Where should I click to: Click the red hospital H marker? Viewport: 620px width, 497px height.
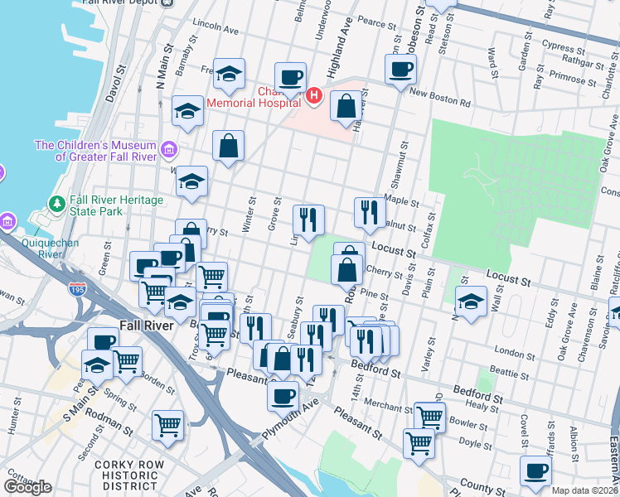314,97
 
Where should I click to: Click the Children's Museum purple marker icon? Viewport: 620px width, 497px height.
169,151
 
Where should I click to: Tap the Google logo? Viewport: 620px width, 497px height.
27,486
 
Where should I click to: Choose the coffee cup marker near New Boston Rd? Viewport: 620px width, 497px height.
400,70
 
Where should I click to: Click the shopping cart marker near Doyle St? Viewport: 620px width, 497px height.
419,443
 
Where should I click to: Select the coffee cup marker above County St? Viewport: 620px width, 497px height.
535,470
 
